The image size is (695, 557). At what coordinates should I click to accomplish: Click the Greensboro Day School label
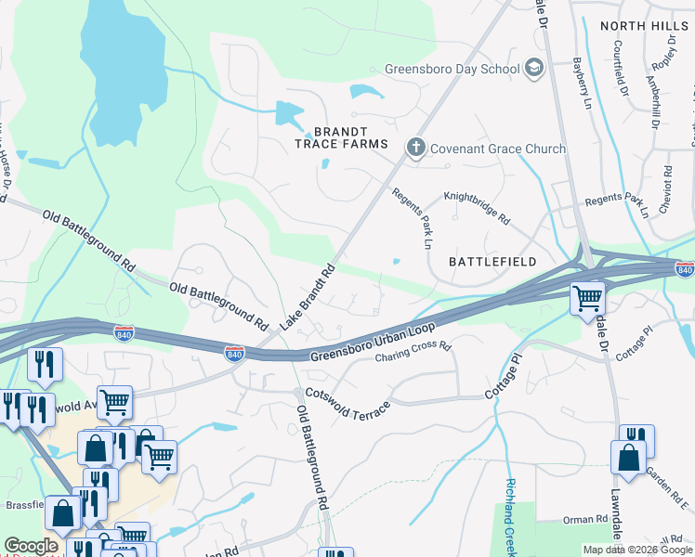[452, 69]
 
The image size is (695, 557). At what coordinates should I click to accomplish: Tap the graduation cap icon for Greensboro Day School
[534, 68]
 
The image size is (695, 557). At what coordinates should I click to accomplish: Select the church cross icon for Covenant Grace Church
[415, 148]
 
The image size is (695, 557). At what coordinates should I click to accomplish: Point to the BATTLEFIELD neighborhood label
[492, 262]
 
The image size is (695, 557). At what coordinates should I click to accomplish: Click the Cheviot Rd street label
[667, 189]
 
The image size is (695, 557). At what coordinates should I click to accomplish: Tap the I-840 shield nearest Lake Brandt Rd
[234, 353]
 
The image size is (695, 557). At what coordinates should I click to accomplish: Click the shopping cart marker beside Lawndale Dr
[587, 299]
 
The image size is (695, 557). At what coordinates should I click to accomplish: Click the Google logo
[32, 546]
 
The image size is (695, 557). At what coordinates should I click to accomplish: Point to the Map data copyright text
[637, 550]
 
